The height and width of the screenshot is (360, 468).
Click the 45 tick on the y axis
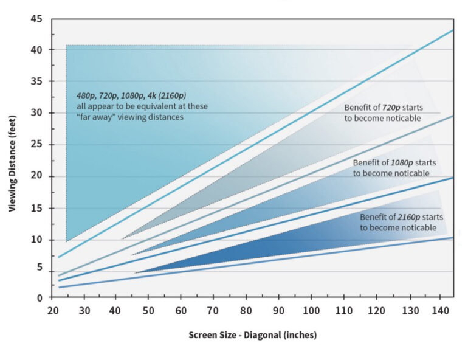(38, 19)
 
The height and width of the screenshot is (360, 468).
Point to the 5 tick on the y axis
(40, 266)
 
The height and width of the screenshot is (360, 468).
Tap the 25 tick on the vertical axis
(38, 144)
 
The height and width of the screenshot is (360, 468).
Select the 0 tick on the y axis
(40, 297)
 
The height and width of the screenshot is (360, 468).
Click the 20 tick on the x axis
(52, 311)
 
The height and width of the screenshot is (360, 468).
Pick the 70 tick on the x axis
(213, 311)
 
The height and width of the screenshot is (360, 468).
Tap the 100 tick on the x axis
(311, 311)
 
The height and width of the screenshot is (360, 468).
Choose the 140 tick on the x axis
(439, 311)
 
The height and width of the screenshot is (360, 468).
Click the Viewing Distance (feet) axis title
(13, 157)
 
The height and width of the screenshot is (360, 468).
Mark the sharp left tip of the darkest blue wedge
(135, 273)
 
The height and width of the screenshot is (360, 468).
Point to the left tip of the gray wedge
(122, 239)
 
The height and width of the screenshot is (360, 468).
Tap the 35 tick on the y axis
(38, 81)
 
